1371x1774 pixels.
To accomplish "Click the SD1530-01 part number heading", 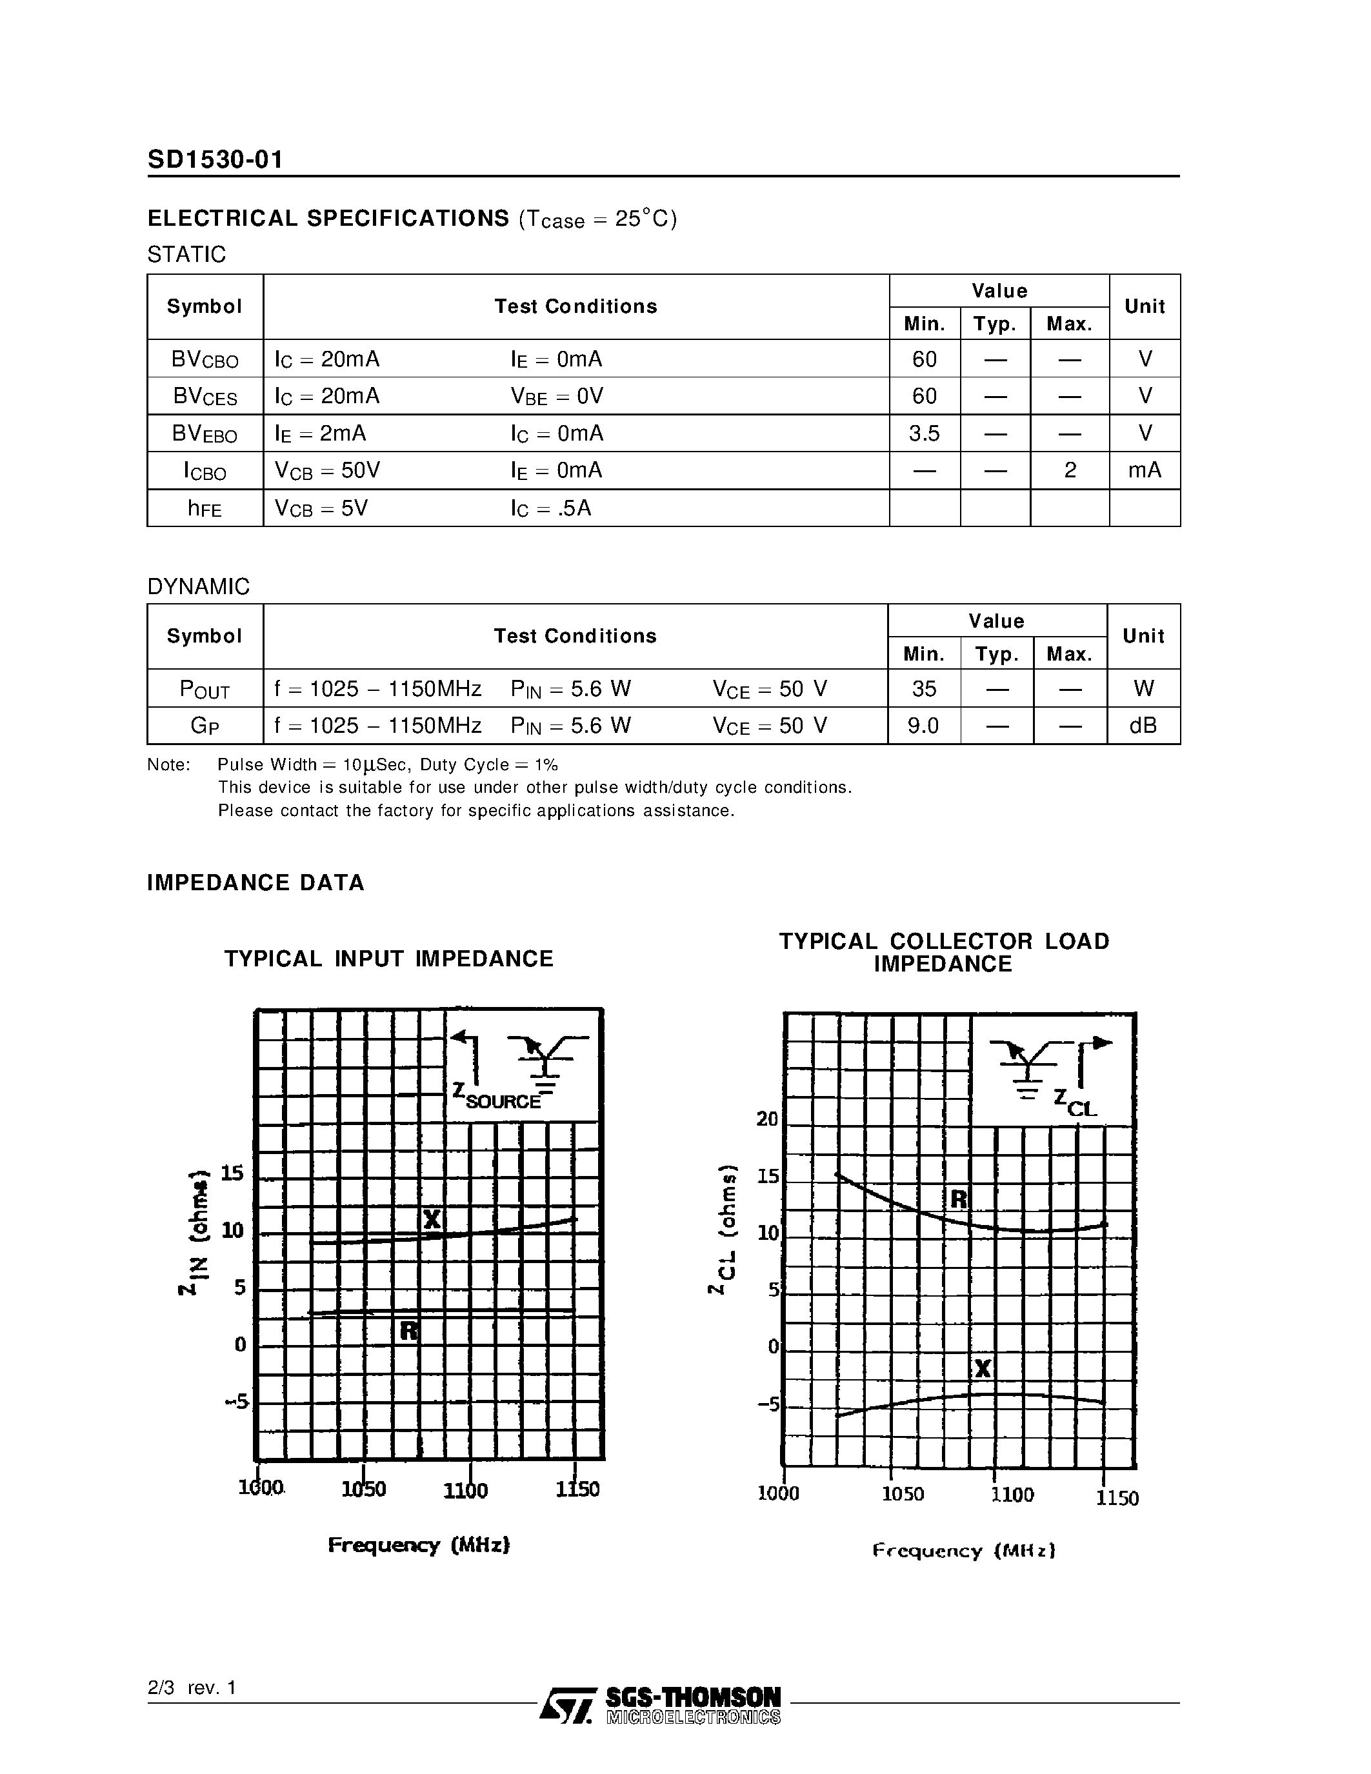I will click(215, 159).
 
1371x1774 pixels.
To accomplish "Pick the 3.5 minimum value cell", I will click(925, 434).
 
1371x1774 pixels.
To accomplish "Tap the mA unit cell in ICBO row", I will click(1145, 470).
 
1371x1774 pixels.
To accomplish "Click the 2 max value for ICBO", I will click(1070, 470).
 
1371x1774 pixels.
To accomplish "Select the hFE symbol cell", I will click(205, 508).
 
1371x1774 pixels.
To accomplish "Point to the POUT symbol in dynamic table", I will click(205, 690).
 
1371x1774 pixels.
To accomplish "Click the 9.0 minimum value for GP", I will click(923, 725).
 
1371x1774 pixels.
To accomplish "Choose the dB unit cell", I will click(1143, 725).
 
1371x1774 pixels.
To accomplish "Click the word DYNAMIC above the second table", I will click(198, 586).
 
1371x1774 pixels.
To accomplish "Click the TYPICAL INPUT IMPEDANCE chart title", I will click(389, 959).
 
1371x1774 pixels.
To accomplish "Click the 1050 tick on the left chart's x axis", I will click(363, 1489).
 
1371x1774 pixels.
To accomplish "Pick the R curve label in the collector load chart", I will click(958, 1199).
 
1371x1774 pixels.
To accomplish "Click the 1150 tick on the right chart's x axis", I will click(1117, 1498).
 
